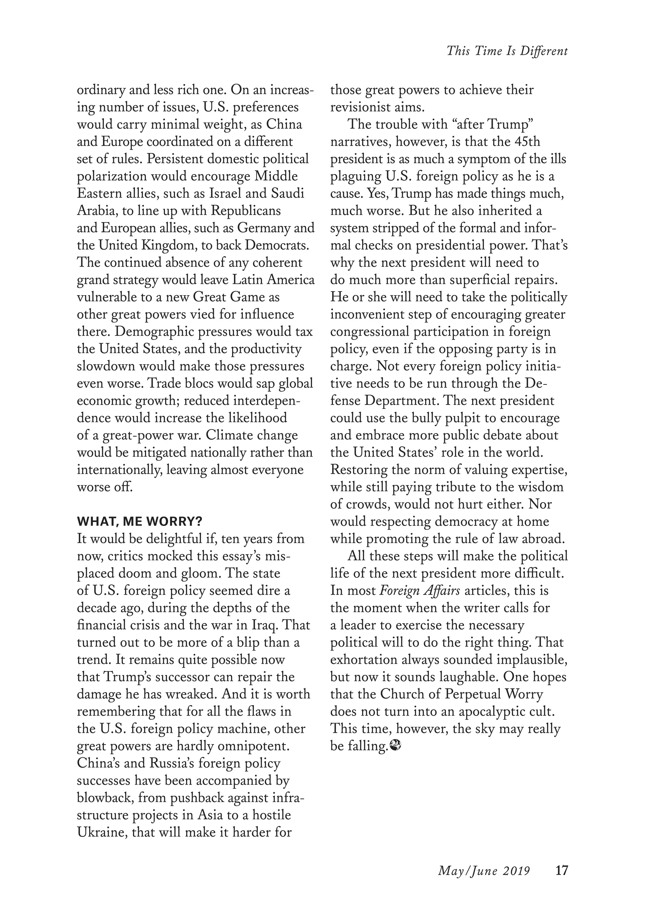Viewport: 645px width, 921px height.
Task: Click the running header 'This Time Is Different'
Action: pos(507,51)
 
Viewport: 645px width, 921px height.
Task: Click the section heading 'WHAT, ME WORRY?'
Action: pos(140,522)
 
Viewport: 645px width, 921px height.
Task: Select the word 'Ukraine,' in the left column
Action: pos(102,832)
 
